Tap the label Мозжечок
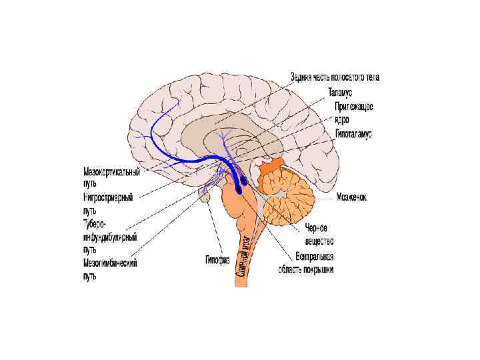point(351,197)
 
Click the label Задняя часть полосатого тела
point(335,77)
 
